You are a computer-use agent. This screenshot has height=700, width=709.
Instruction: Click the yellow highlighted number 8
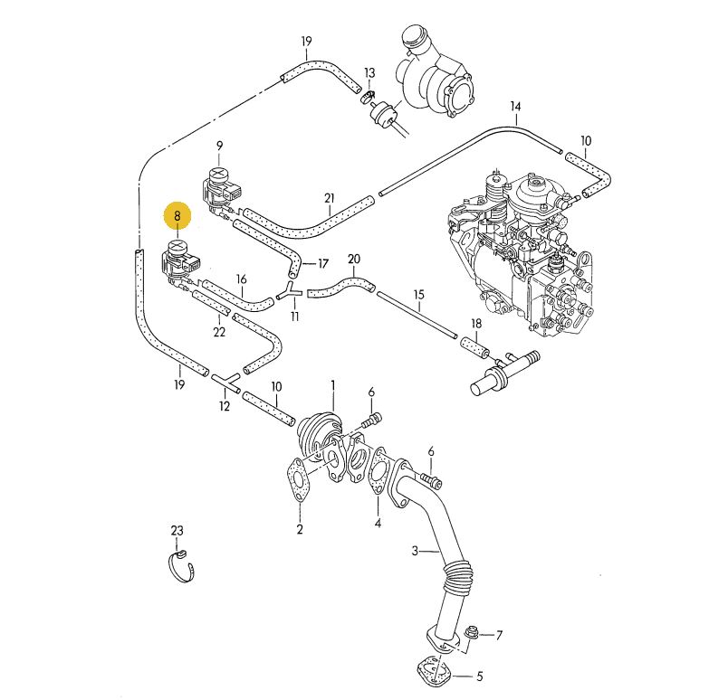pos(177,216)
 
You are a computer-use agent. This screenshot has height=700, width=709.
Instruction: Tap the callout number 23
pos(177,530)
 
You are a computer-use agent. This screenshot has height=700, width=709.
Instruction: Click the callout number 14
pos(515,107)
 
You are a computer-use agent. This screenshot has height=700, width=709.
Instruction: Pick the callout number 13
pos(369,72)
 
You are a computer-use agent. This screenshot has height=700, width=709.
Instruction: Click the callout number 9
pos(219,146)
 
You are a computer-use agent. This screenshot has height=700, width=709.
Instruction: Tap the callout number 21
pos(330,198)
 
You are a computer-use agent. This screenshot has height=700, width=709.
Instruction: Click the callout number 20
pos(354,260)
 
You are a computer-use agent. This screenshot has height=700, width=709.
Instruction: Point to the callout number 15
pos(419,295)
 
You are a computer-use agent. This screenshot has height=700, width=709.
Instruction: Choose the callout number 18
pos(476,324)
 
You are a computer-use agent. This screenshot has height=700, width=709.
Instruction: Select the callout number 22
pos(219,332)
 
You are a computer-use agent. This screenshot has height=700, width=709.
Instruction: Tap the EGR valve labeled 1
pos(321,430)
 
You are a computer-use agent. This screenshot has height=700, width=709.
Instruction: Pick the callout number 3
pos(416,551)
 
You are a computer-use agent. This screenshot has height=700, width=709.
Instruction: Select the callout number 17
pos(322,264)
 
